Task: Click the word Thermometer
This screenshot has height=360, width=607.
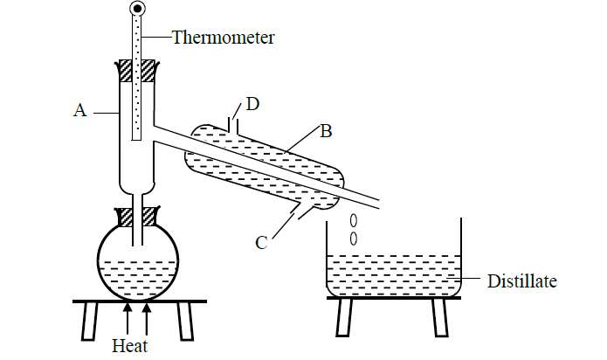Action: click(223, 37)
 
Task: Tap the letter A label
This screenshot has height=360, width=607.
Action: click(80, 110)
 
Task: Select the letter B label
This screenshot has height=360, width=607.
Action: click(325, 132)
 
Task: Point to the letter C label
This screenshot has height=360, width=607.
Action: click(261, 242)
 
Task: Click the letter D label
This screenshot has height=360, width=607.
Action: click(252, 105)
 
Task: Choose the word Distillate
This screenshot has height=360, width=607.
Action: click(521, 280)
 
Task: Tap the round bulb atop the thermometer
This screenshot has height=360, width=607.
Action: click(138, 10)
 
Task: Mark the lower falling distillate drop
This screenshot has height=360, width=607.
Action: click(354, 237)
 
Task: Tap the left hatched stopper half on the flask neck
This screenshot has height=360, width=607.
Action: click(124, 215)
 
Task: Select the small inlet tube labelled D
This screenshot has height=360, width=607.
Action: click(231, 121)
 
